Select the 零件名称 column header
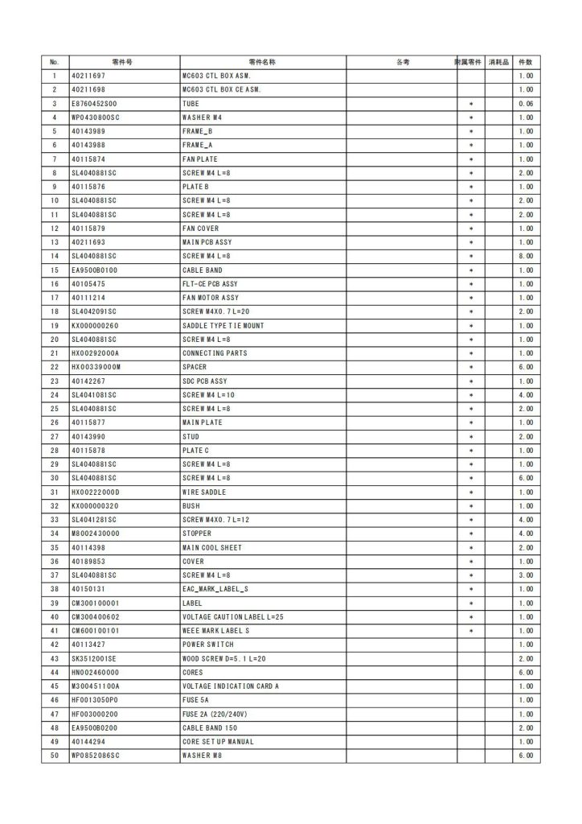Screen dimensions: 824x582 [x=263, y=62]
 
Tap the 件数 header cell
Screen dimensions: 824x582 [x=526, y=62]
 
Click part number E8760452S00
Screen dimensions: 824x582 [x=95, y=104]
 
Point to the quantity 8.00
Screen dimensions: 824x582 [x=526, y=256]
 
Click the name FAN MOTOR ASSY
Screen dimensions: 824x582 [x=211, y=298]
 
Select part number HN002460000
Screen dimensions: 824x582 [x=95, y=672]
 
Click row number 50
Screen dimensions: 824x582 [x=55, y=756]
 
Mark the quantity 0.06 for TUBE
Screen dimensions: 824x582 [x=526, y=104]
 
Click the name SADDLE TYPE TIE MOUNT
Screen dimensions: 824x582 [x=223, y=325]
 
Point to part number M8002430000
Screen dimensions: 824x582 [x=95, y=534]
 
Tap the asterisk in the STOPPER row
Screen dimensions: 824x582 [x=471, y=534]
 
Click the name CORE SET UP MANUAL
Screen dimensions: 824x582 [x=218, y=741]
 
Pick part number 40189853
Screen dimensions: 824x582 [x=88, y=561]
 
